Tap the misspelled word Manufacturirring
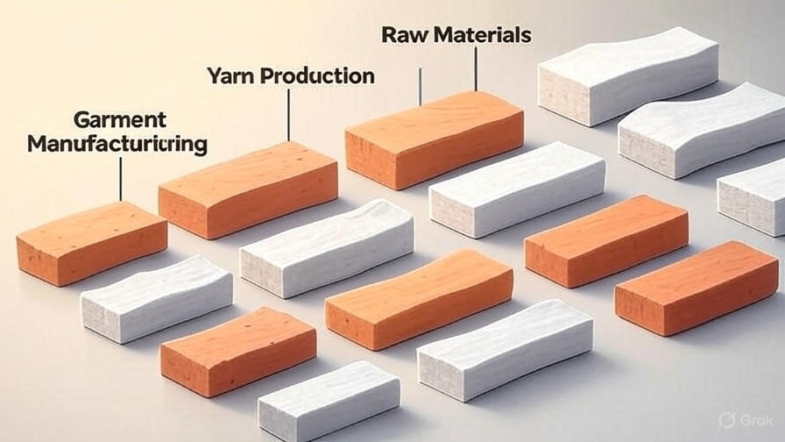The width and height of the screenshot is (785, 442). (x=117, y=143)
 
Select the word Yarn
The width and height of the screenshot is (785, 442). (x=233, y=76)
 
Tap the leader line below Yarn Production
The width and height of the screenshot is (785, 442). (x=288, y=114)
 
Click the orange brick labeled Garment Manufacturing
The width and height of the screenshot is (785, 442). (x=91, y=242)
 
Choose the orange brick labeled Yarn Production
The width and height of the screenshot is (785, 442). (x=248, y=189)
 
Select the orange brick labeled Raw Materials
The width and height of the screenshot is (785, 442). (x=434, y=139)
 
